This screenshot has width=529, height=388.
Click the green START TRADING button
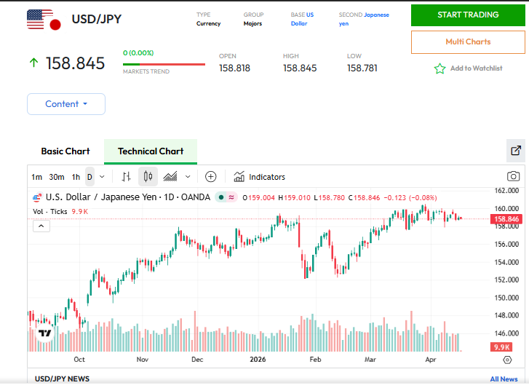pos(468,15)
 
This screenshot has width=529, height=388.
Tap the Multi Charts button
pos(468,41)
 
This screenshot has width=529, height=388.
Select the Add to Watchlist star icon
pos(439,68)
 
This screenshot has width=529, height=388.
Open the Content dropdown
pos(66,104)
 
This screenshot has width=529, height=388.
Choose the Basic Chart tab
pos(65,151)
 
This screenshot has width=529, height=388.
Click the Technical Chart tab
pos(151,151)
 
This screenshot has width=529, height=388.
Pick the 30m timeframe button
pos(57,177)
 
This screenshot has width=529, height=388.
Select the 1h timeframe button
pos(76,177)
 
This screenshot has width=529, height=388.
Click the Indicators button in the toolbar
pos(260,177)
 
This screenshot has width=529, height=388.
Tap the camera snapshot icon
pos(513,176)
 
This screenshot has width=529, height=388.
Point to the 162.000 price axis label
pos(506,191)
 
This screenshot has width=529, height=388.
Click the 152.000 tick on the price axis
pos(506,280)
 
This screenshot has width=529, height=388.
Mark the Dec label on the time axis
pos(197,360)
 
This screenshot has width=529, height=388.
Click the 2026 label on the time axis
pos(258,360)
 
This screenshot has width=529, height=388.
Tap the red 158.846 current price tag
pos(506,219)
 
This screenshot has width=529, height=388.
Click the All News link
pos(504,379)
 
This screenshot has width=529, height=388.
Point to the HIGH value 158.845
pos(300,68)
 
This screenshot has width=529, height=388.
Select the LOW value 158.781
pos(364,68)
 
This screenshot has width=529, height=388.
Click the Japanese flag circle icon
pos(54,25)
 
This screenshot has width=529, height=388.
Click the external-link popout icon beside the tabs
pos(516,151)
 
